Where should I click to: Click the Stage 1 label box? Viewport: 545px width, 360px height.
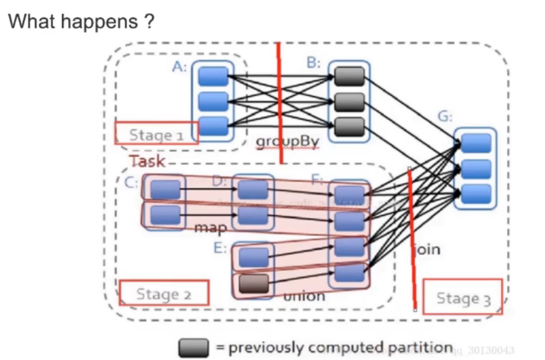pos(157,133)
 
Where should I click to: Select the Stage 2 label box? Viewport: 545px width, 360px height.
pos(164,293)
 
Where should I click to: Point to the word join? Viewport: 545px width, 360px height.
pos(427,250)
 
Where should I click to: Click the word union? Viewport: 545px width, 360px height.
pos(304,296)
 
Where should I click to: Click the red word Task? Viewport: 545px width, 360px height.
pos(147,161)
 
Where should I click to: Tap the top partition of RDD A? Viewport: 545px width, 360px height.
pos(213,76)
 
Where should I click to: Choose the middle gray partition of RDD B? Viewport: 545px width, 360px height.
pos(349,102)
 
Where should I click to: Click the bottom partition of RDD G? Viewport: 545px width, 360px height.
pos(475,194)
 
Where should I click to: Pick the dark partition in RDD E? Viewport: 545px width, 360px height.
pos(254,283)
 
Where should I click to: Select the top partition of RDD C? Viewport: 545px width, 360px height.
pos(166,189)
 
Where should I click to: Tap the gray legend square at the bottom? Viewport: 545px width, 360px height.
pos(194,348)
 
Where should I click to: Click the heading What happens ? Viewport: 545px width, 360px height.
pos(81,22)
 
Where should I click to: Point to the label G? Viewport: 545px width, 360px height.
pos(445,117)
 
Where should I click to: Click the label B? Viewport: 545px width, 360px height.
pos(313,63)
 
